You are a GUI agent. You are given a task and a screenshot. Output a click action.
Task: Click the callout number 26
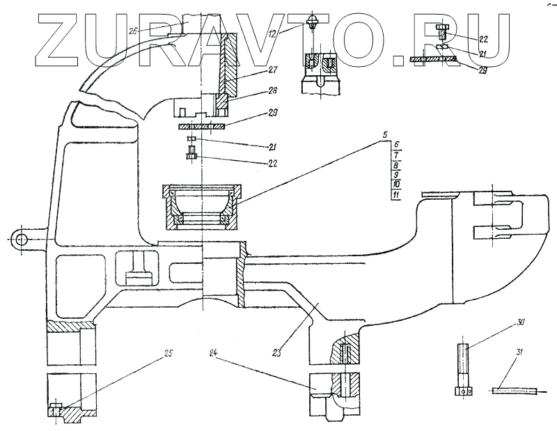point(134,30)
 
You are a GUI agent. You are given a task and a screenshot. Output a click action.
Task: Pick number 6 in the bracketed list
point(395,144)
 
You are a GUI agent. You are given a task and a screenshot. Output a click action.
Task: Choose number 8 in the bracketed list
point(395,165)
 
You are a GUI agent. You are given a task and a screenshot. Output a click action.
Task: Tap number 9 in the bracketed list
point(395,175)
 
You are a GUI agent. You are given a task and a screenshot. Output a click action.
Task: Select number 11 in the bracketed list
point(395,196)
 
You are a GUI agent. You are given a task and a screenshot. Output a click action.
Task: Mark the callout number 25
point(168,352)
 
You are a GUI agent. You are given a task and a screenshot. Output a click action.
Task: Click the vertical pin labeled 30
point(464,369)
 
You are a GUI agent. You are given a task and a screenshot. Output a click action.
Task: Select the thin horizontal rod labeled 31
point(516,390)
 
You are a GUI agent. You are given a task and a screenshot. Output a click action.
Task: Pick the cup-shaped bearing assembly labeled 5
point(201,206)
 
